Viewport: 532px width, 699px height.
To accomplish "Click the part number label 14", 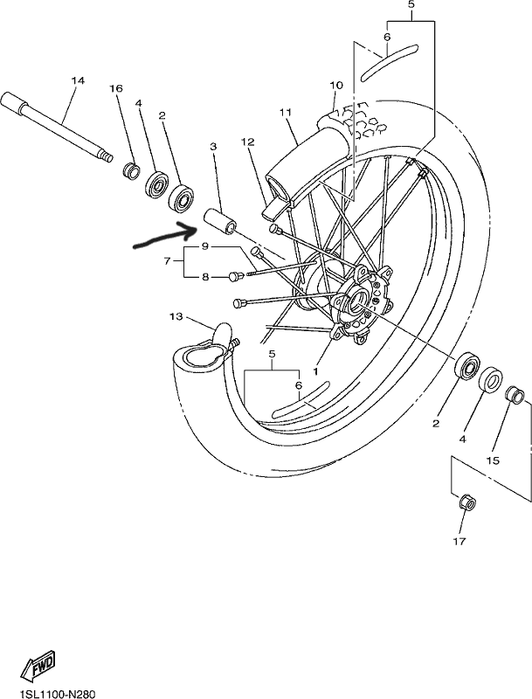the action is [x=78, y=80].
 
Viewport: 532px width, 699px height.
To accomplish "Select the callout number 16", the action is [x=116, y=88].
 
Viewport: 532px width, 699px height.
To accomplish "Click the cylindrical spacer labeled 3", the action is [x=219, y=221].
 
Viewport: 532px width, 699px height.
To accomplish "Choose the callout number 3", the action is [x=213, y=146].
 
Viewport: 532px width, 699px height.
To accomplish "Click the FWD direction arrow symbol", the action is [x=38, y=664].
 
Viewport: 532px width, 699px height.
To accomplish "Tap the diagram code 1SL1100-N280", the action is [x=57, y=694].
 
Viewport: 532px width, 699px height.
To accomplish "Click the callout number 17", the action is [x=459, y=541].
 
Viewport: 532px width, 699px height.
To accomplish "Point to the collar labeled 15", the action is [x=514, y=395].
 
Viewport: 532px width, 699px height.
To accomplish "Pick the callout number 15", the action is [x=494, y=460].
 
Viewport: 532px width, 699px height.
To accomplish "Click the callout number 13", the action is [x=176, y=316].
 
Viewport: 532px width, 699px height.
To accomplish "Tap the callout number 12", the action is [x=248, y=142].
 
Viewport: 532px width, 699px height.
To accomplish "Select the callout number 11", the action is [x=285, y=112].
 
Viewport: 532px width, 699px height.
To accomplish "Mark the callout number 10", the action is [x=336, y=85].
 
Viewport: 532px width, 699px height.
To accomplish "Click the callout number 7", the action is [x=167, y=261].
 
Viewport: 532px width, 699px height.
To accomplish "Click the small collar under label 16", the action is [x=131, y=172].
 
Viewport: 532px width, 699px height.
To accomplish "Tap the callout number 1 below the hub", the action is [x=315, y=370].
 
